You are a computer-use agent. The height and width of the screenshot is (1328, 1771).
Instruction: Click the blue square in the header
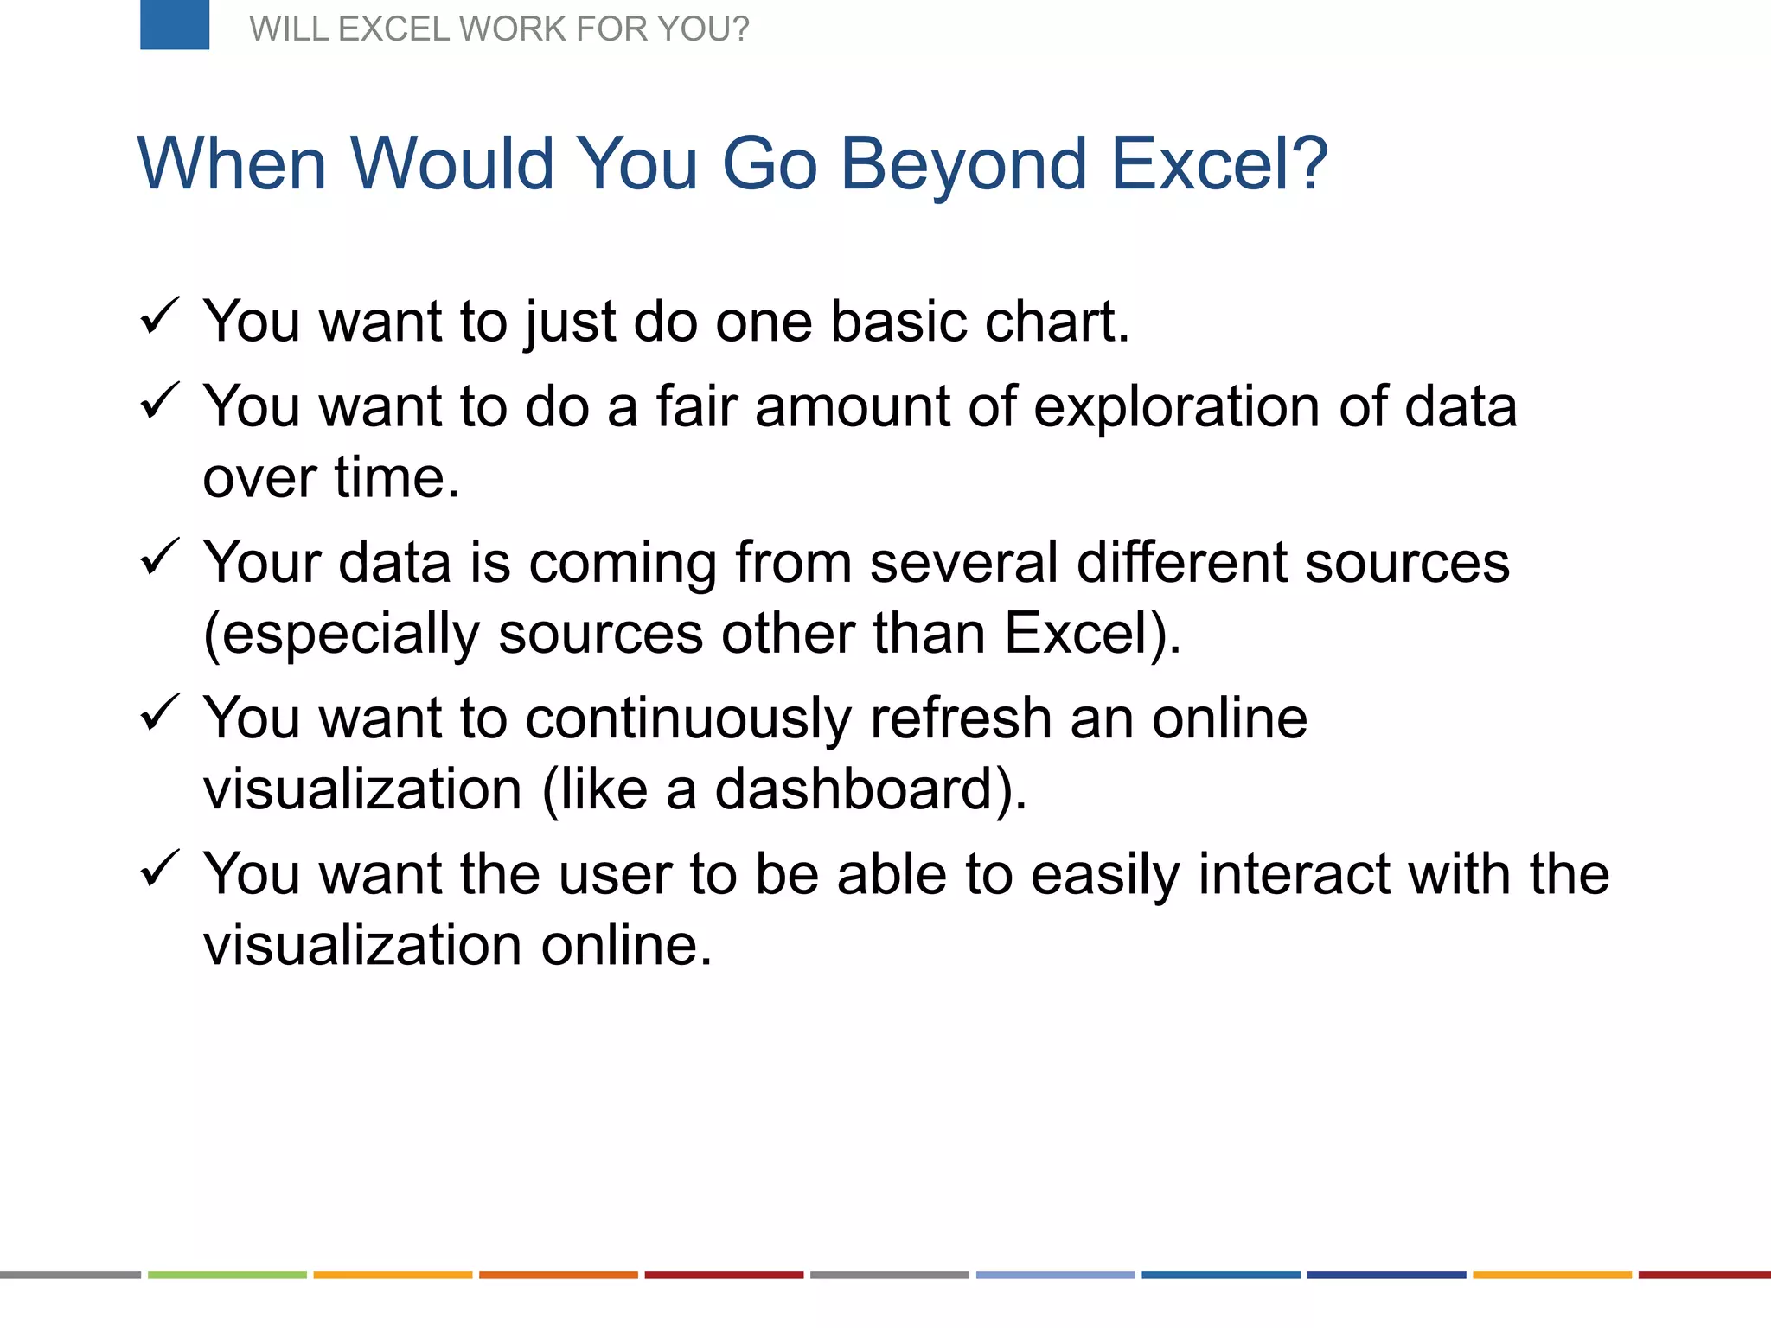point(175,24)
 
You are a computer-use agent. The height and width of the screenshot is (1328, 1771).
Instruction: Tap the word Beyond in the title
point(963,164)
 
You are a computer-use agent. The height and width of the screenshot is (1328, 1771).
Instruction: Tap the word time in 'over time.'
point(396,477)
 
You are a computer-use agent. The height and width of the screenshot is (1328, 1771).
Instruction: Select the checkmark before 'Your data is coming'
point(159,557)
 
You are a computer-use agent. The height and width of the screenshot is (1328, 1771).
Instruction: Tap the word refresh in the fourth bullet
point(960,718)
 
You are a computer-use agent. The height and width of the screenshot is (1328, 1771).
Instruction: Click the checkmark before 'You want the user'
point(159,868)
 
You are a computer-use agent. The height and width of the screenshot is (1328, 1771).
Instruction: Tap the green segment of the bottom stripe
point(227,1274)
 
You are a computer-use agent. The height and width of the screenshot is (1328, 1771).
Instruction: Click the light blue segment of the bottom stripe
point(1055,1274)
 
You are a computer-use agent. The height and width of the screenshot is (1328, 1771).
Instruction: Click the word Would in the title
point(451,164)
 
